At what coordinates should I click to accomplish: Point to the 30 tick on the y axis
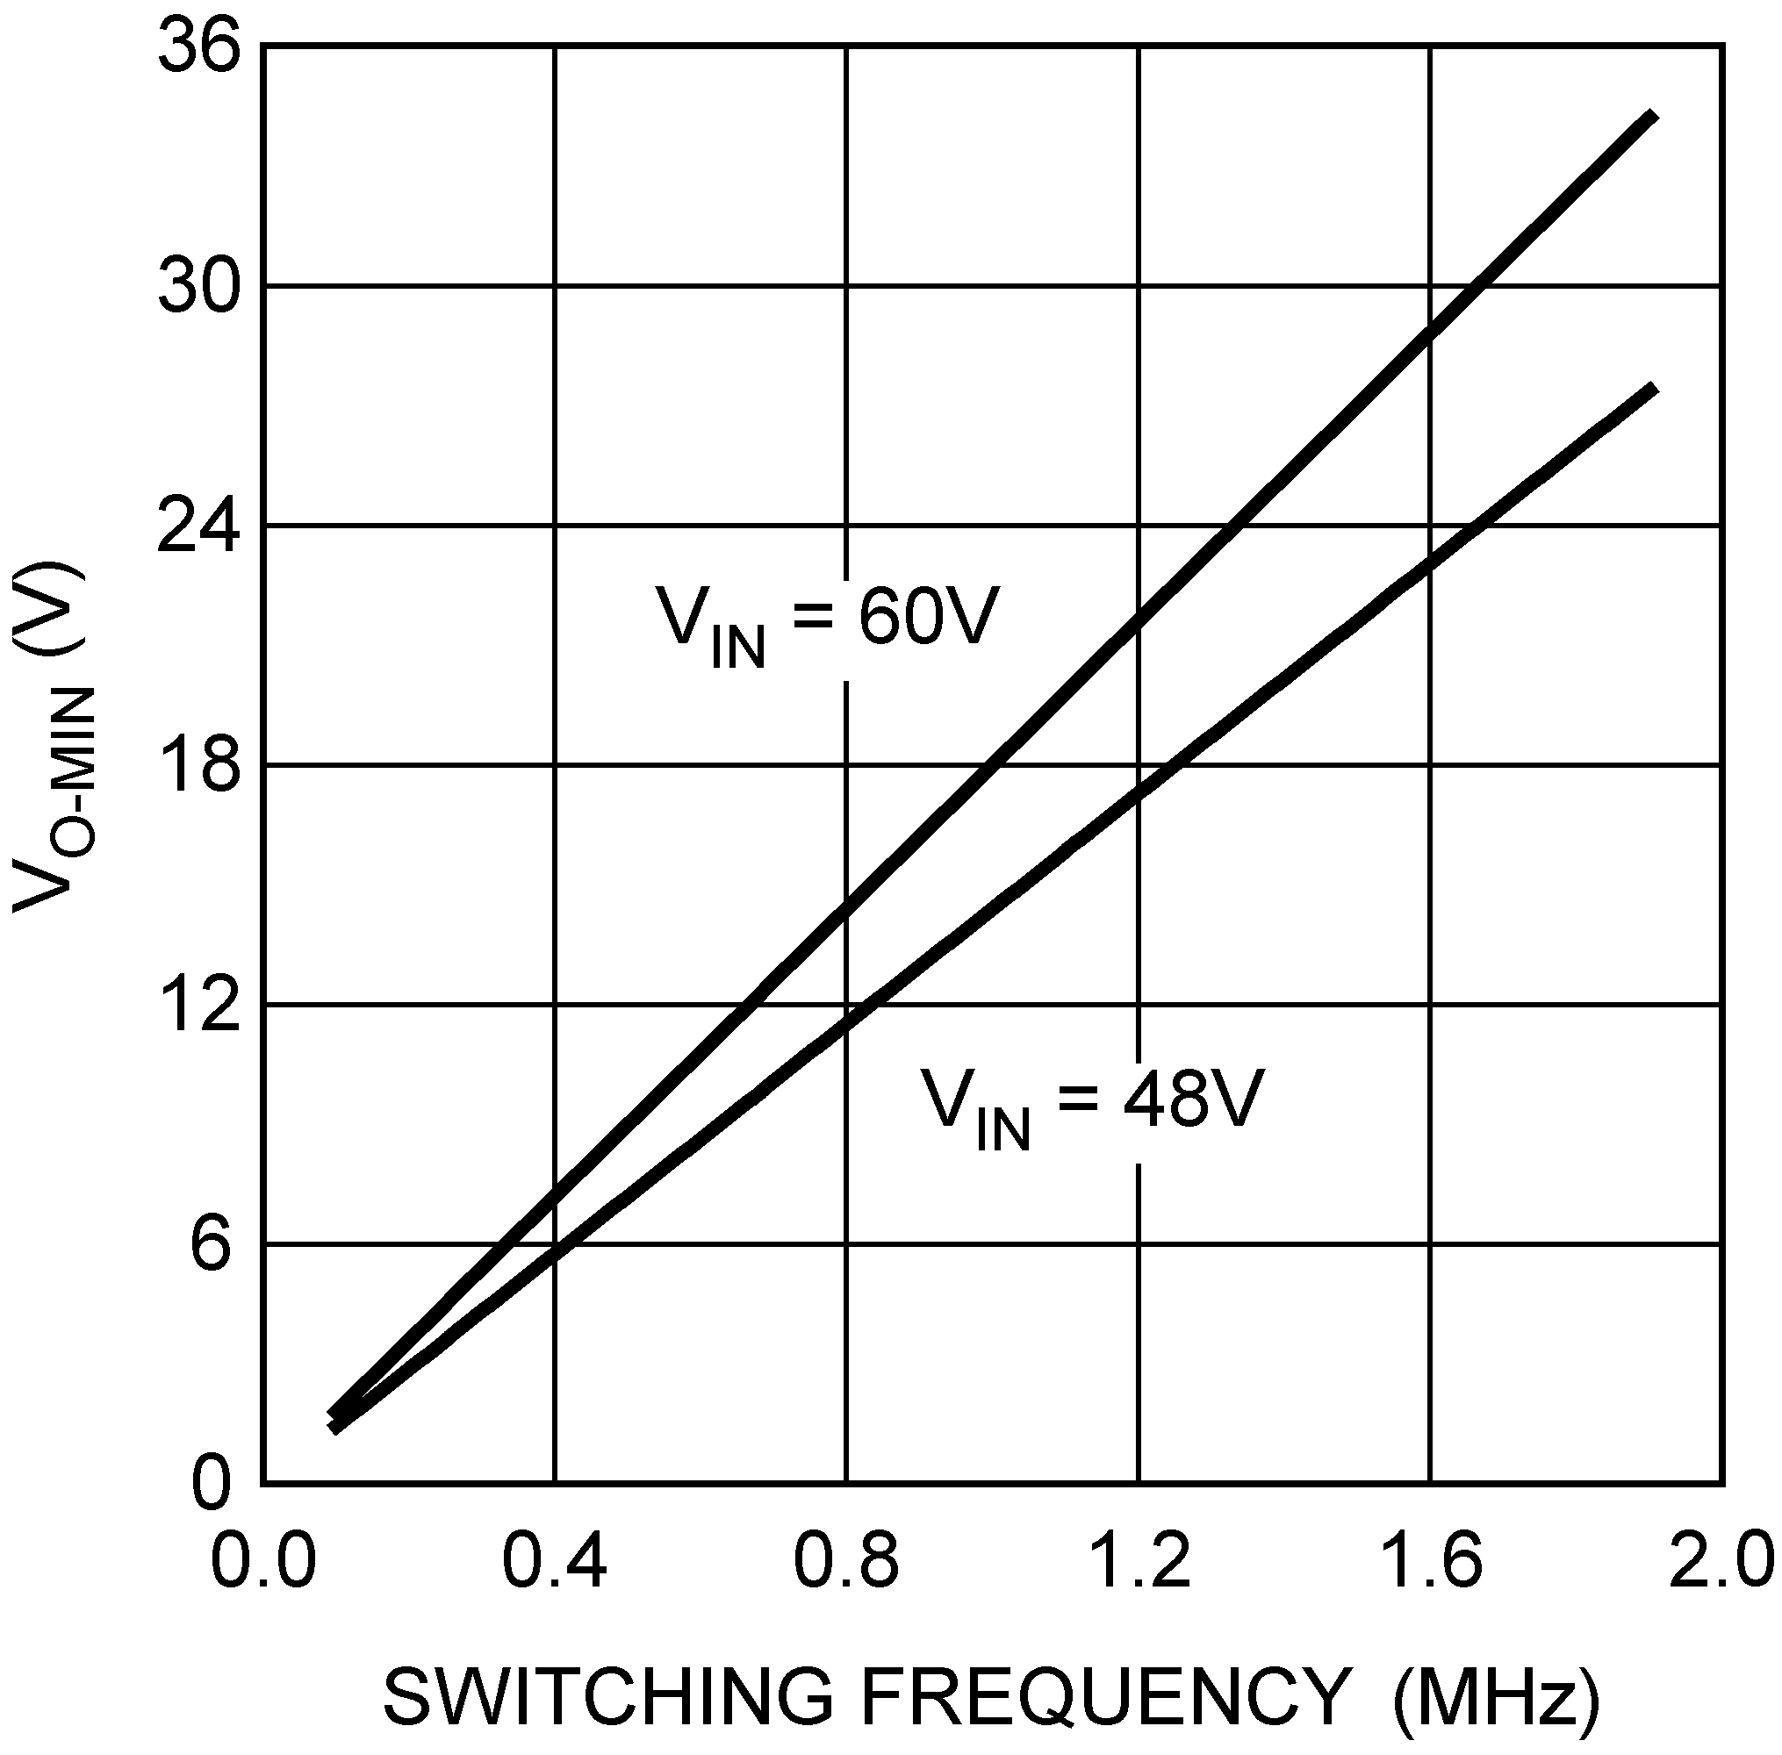click(x=198, y=287)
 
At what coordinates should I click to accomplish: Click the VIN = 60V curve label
click(x=827, y=622)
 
